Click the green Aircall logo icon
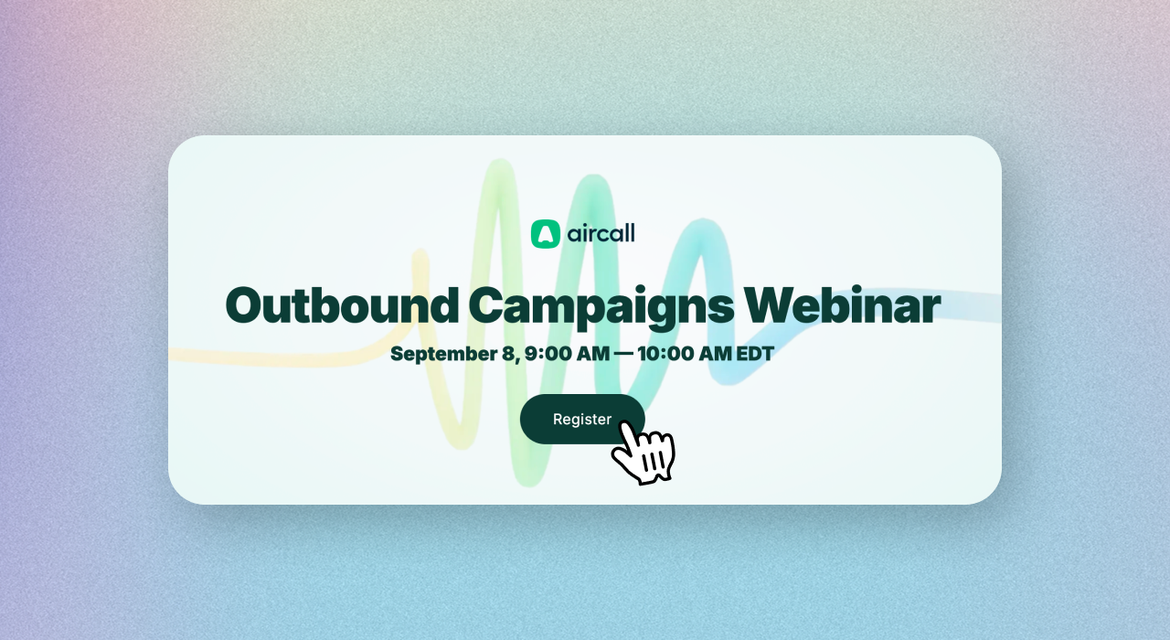[x=546, y=233]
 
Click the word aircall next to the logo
[x=601, y=233]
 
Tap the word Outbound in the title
[x=342, y=305]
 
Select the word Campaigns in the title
[x=601, y=308]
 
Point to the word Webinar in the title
[x=843, y=305]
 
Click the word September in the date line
[x=444, y=354]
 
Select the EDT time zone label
[x=755, y=354]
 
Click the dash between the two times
[x=623, y=354]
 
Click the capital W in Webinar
[x=768, y=305]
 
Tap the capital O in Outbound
[x=244, y=305]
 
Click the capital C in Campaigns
[x=487, y=305]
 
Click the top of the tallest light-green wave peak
[x=500, y=162]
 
